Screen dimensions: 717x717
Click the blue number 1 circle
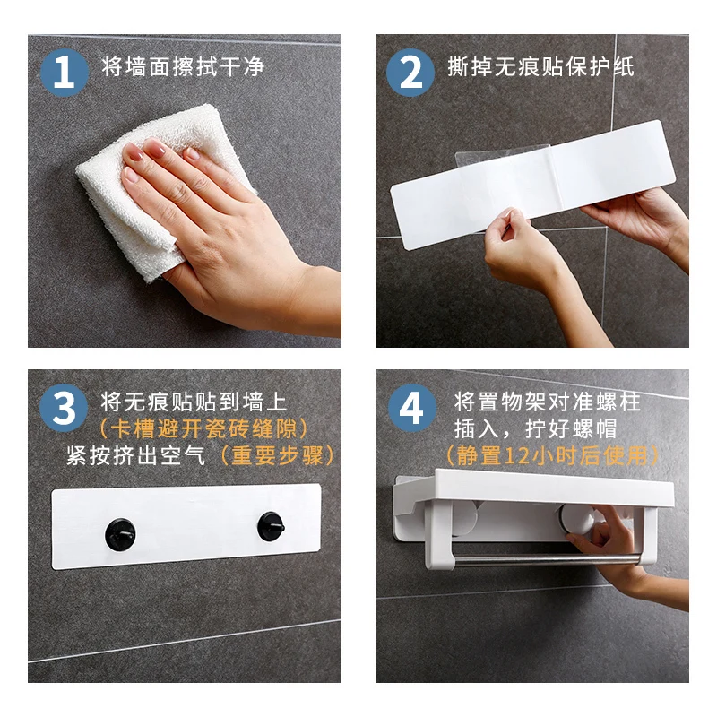pos(65,73)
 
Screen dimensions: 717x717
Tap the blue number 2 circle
pos(410,73)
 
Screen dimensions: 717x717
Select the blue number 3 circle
pos(64,408)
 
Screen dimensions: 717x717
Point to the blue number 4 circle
pos(412,408)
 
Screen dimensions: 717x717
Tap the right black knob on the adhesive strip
pos(272,526)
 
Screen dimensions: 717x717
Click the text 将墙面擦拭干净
pos(183,66)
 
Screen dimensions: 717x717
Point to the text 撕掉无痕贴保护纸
pos(541,66)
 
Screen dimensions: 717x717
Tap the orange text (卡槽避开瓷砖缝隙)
pos(204,429)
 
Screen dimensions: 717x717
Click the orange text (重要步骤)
pos(278,455)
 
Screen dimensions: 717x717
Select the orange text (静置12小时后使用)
pos(553,455)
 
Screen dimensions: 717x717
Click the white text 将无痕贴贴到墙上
pos(194,402)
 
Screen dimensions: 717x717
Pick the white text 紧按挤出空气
pos(136,455)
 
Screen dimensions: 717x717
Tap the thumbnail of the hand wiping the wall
pos(185,191)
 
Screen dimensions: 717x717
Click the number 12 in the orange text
pos(518,456)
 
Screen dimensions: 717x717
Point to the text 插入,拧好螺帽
pos(535,429)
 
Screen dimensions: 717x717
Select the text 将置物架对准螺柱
pos(547,402)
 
